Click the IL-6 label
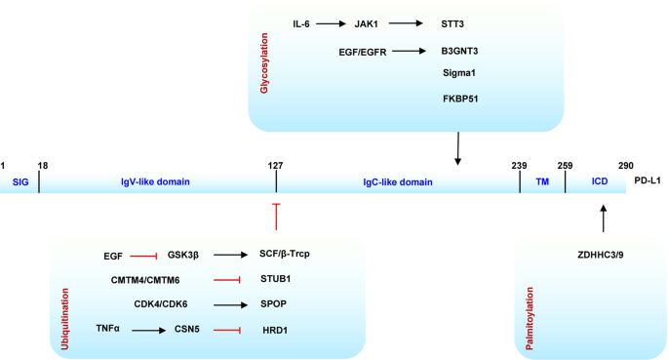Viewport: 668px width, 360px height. pyautogui.click(x=301, y=23)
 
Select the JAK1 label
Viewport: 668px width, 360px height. pyautogui.click(x=368, y=23)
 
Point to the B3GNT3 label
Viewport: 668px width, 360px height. pyautogui.click(x=458, y=51)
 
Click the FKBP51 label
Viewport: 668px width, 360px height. pyautogui.click(x=458, y=99)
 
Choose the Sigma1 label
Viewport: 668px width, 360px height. pyautogui.click(x=458, y=72)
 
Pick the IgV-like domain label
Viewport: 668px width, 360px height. pyautogui.click(x=156, y=181)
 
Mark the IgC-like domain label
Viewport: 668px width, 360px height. pyautogui.click(x=397, y=181)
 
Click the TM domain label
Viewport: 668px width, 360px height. pyautogui.click(x=543, y=181)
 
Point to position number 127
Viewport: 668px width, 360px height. pyautogui.click(x=276, y=165)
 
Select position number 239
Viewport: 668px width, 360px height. pyautogui.click(x=519, y=165)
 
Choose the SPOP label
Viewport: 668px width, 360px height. pyautogui.click(x=272, y=303)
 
